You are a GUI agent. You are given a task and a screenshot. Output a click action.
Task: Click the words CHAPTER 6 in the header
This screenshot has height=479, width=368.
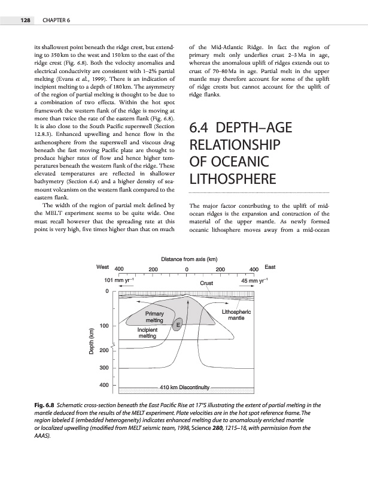click(57, 21)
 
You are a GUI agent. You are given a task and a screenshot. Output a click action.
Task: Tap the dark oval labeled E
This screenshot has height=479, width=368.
click(178, 325)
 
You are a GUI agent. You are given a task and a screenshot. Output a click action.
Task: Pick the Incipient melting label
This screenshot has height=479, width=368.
click(147, 333)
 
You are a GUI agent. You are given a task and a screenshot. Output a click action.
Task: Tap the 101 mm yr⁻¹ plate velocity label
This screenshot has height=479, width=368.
click(118, 280)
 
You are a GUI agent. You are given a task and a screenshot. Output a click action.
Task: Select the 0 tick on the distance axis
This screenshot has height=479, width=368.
click(187, 269)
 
